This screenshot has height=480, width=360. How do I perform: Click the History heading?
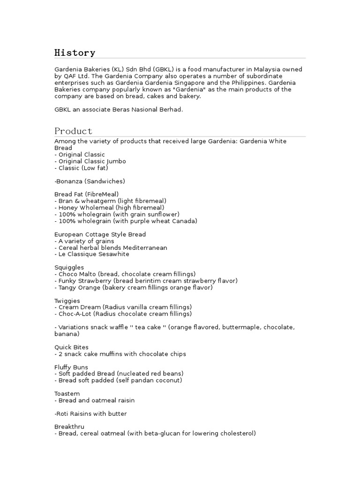click(75, 52)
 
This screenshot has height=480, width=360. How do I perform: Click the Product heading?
click(73, 131)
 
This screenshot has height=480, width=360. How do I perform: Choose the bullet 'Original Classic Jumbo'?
click(92, 161)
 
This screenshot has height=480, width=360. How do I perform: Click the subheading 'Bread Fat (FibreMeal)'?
click(86, 194)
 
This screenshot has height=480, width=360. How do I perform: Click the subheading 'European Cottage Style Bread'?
click(100, 234)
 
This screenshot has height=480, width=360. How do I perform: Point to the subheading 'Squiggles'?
click(69, 267)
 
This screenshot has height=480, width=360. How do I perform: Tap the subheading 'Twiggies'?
click(67, 300)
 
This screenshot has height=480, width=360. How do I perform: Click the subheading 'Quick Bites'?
click(71, 347)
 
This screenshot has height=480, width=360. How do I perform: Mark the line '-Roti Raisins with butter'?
click(90, 414)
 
